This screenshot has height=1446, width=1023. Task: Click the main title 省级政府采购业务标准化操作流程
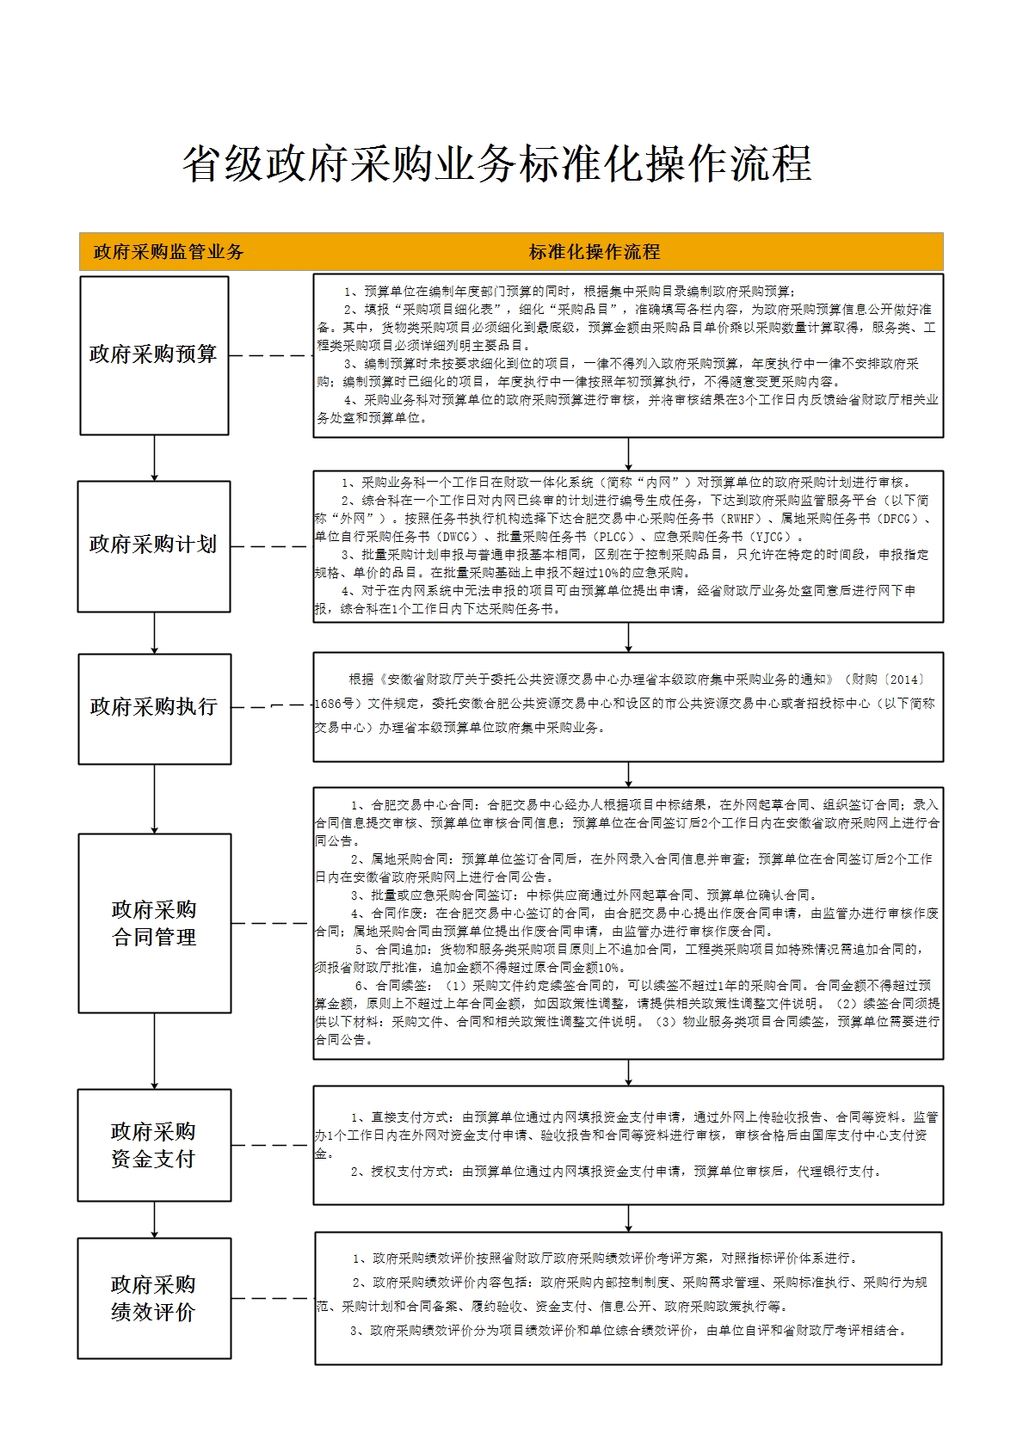[x=496, y=163]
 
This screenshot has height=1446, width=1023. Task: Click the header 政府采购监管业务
[x=169, y=252]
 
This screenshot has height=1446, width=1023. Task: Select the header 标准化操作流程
[x=594, y=252]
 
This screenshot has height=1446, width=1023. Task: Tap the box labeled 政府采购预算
[x=154, y=354]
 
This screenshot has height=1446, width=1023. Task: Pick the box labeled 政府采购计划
[x=154, y=545]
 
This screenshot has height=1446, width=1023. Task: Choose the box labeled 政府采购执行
[x=154, y=708]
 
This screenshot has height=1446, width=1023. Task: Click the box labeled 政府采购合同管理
[x=154, y=923]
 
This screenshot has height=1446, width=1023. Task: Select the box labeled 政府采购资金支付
[x=154, y=1145]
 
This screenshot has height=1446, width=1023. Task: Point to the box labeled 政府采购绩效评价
[x=154, y=1298]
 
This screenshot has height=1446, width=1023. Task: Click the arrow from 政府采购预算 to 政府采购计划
[x=155, y=458]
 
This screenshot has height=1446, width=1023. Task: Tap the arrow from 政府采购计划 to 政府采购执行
[x=155, y=633]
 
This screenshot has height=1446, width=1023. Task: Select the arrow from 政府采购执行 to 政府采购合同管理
[x=155, y=798]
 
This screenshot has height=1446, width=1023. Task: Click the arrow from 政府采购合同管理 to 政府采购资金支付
[x=155, y=1050]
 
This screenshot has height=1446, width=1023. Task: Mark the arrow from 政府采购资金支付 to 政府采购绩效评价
[x=155, y=1219]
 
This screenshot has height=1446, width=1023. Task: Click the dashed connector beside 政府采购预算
[x=270, y=355]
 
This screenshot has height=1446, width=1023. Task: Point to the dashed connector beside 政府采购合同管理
[x=271, y=923]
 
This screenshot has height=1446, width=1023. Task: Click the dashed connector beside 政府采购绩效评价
[x=272, y=1298]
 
